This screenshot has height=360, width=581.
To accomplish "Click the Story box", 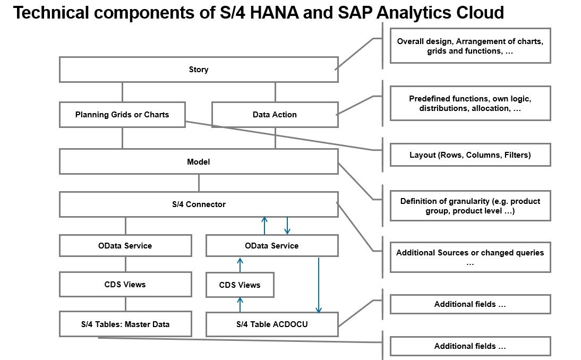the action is pyautogui.click(x=199, y=70).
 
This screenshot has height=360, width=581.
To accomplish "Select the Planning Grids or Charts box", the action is pyautogui.click(x=122, y=115).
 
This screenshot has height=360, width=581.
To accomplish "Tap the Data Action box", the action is pyautogui.click(x=275, y=115).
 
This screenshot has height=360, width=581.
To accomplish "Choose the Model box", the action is pyautogui.click(x=199, y=161).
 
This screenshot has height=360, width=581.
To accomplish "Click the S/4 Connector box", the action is pyautogui.click(x=199, y=204).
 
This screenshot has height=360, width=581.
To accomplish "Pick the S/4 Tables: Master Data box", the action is pyautogui.click(x=125, y=324).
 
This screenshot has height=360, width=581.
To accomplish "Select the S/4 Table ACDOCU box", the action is pyautogui.click(x=272, y=324).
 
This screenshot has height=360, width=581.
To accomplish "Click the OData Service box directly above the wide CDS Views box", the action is pyautogui.click(x=125, y=245).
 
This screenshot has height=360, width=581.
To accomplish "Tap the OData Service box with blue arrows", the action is pyautogui.click(x=272, y=245).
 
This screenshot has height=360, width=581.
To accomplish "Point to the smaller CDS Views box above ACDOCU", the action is pyautogui.click(x=240, y=285).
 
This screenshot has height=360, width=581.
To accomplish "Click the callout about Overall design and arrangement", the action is pyautogui.click(x=470, y=46).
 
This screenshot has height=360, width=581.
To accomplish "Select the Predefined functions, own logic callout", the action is pyautogui.click(x=470, y=104).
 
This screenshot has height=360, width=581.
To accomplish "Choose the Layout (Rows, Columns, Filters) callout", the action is pyautogui.click(x=470, y=155).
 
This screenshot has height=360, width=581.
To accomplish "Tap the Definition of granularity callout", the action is pyautogui.click(x=470, y=206).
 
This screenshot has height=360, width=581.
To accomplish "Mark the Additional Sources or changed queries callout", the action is pyautogui.click(x=470, y=258).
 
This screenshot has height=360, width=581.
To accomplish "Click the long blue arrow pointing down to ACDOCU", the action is pyautogui.click(x=319, y=285).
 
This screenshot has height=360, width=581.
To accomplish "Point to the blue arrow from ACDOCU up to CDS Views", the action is pyautogui.click(x=240, y=304).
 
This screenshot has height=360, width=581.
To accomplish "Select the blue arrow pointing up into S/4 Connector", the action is pyautogui.click(x=264, y=226).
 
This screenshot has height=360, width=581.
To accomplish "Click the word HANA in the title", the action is pyautogui.click(x=274, y=13).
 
